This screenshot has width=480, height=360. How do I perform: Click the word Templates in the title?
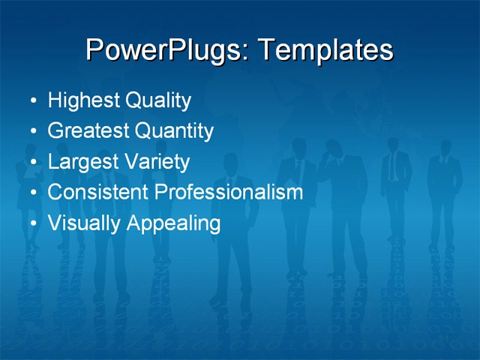325,50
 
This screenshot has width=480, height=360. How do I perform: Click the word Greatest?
88,131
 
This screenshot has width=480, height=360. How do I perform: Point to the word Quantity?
175,131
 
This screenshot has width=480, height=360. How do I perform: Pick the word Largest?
82,162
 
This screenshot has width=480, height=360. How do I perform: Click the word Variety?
156,162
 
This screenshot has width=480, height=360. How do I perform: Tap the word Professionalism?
229,192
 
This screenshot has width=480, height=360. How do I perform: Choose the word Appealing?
173,223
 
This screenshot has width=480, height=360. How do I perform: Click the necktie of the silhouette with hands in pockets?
391,166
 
